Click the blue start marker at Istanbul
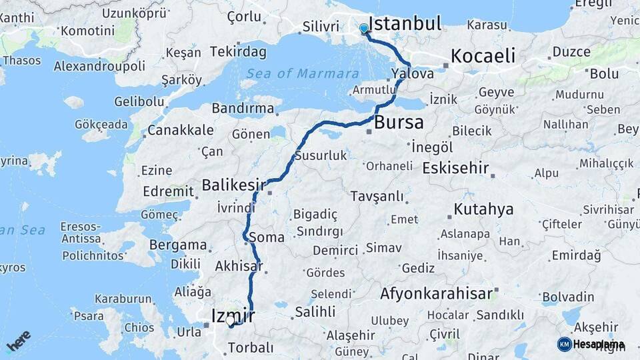[363, 29]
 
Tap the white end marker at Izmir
[230, 321]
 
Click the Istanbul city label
[405, 24]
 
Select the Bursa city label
[399, 123]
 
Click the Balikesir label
[234, 184]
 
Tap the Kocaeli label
[483, 56]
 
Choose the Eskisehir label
[456, 168]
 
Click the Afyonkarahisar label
[437, 293]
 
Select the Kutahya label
[483, 209]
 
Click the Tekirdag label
[238, 51]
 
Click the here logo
[19, 341]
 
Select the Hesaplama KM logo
[591, 344]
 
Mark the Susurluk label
[325, 156]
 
